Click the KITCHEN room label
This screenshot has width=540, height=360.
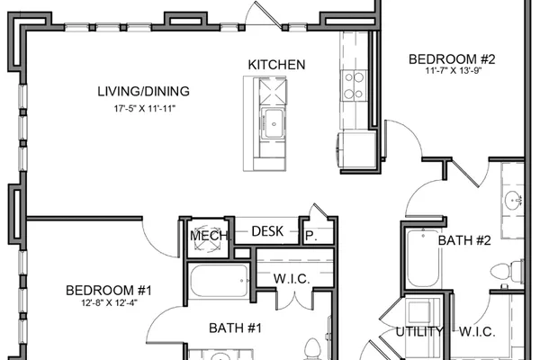coord(276,65)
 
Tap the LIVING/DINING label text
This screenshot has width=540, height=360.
coord(144,91)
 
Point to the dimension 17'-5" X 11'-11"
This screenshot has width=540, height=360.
coord(145,109)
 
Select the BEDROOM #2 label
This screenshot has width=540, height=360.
coord(452,59)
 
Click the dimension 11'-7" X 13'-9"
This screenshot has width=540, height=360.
coord(453,70)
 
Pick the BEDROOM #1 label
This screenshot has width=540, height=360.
coord(109,291)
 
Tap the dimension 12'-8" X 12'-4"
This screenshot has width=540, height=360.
coord(109,302)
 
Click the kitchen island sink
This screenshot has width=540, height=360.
coord(274,123)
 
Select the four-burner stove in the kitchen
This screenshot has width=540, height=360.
coord(354,85)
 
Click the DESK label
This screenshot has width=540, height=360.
coord(267,231)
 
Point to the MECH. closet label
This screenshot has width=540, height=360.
coord(210,236)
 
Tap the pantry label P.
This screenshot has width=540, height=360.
coord(311,236)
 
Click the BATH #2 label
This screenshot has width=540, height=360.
coord(464,240)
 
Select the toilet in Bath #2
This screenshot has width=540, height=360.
coord(507,270)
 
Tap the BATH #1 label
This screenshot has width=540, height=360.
coord(235,328)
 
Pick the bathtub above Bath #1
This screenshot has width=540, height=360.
coord(219,281)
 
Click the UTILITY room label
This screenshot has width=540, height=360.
coord(419,332)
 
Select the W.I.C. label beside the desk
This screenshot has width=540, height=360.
coord(292,279)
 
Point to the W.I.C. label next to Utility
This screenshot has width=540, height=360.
coord(477,332)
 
